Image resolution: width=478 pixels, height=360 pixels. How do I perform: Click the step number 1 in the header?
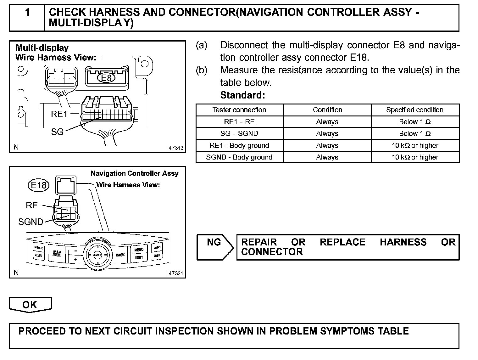pos(27,13)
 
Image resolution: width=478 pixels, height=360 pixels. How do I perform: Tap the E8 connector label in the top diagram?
pos(106,77)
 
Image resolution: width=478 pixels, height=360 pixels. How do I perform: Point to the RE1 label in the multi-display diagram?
pos(59,114)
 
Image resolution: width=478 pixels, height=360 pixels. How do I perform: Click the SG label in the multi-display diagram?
pos(57,132)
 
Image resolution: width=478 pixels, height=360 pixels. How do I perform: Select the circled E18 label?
pos(39,185)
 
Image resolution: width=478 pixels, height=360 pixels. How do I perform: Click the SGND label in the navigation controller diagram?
pos(31,222)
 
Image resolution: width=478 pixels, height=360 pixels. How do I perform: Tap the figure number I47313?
pos(175,148)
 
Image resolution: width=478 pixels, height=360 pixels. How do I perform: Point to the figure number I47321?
pos(175,273)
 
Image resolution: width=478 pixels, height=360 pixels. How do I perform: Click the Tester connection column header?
pos(239,110)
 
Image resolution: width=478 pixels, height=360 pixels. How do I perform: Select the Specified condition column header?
pos(415,110)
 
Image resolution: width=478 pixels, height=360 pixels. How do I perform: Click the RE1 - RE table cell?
pos(239,122)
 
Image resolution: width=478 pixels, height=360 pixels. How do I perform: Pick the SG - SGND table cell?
pos(239,133)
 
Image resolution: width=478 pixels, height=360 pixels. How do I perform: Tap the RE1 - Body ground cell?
pos(239,145)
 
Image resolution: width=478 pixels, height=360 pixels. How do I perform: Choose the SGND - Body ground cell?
pos(239,157)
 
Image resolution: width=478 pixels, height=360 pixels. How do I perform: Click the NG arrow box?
pos(214,247)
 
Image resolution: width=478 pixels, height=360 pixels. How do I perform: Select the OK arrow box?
pos(30,305)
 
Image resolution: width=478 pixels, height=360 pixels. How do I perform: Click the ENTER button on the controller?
pos(98,255)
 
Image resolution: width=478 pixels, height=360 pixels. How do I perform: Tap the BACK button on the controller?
pos(120,255)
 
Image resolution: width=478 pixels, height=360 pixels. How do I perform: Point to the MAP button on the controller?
pos(57,253)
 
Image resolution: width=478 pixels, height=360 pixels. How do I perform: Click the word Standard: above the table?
pos(242,95)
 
